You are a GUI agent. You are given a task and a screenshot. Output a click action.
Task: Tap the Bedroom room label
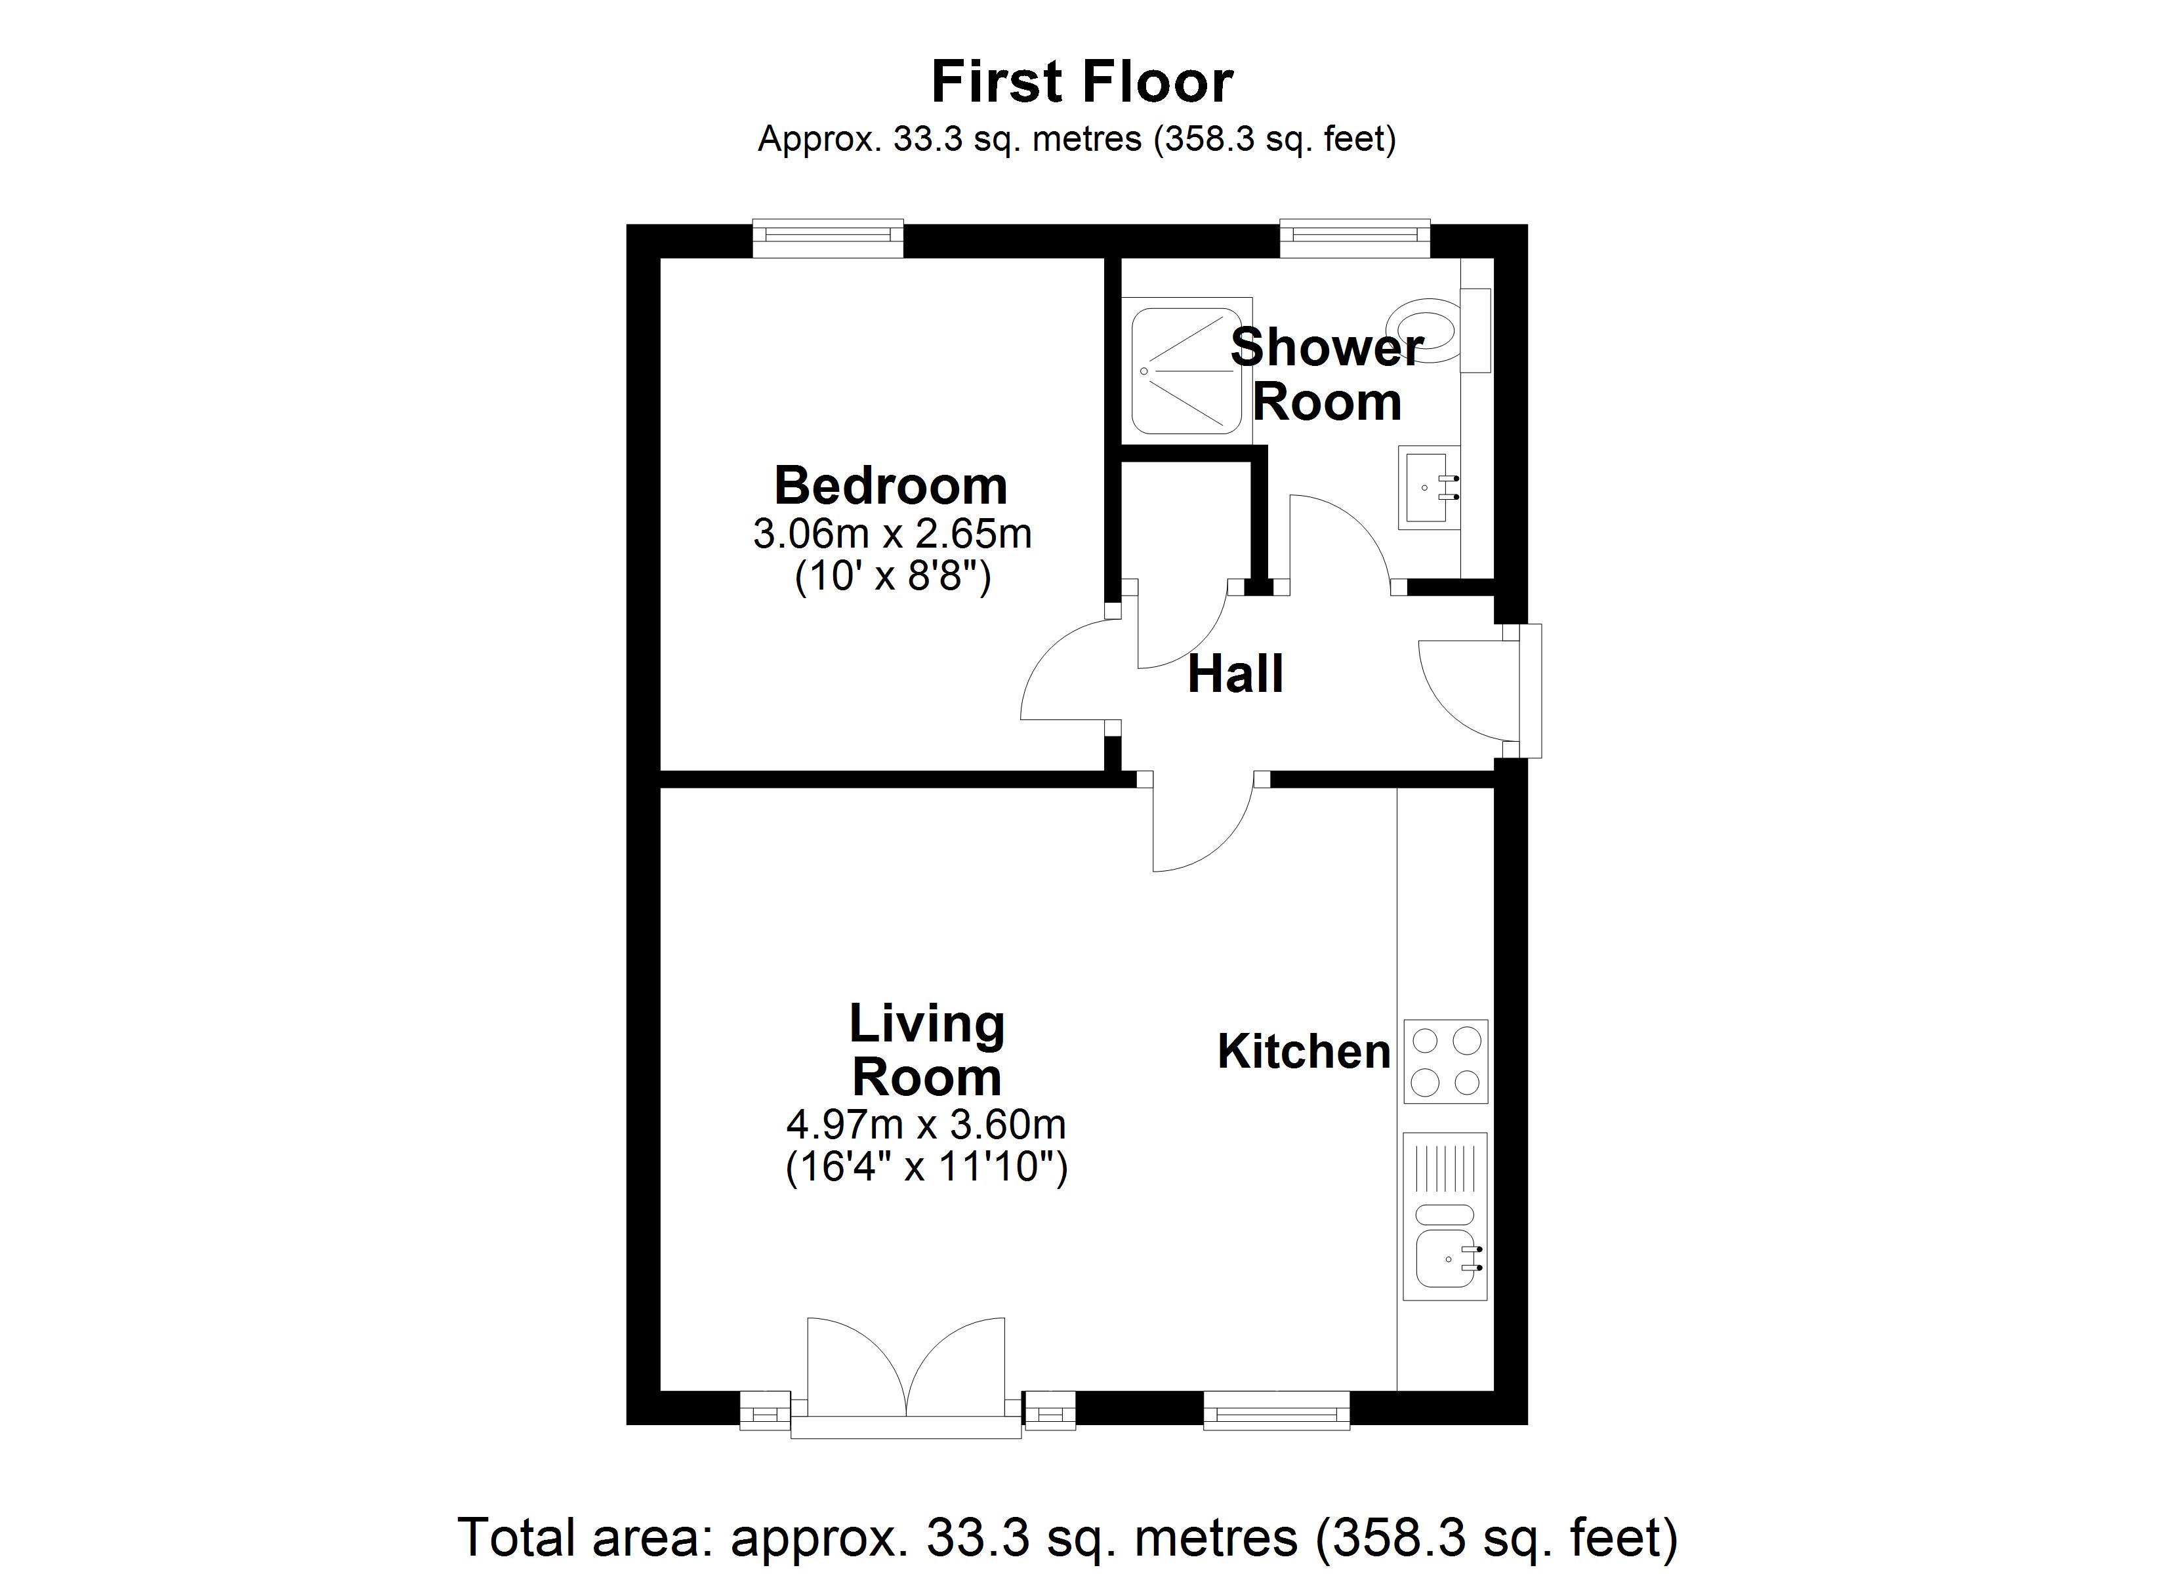891,486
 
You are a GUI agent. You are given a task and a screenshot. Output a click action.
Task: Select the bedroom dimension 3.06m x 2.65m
892,535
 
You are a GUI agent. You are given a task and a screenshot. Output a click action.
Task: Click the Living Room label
926,1050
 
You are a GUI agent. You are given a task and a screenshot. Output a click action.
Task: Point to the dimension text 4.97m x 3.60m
925,1124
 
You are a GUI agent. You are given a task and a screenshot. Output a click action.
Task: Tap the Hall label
1235,675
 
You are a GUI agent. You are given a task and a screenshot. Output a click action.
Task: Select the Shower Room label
1326,374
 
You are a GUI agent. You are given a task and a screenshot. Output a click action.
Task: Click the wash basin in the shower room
1429,487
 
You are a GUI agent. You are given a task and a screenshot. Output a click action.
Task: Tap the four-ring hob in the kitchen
1445,1061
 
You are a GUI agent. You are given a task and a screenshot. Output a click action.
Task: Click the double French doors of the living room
906,1375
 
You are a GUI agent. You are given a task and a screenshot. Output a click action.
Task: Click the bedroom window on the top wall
828,239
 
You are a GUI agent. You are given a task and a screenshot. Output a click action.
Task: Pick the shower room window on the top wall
1355,239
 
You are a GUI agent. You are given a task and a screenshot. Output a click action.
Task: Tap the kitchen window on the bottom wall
1276,1410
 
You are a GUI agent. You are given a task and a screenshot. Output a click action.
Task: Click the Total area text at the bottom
1068,1536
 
